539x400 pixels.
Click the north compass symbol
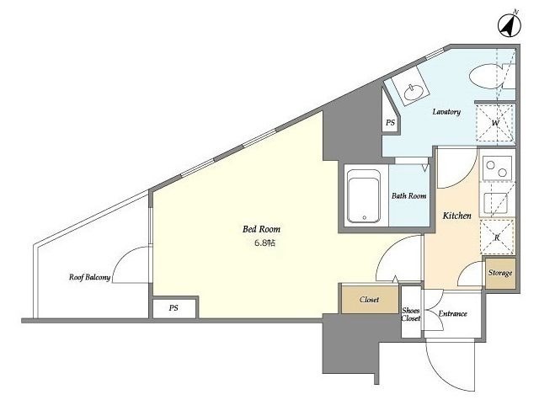point(509,25)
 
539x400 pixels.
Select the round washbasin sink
point(414,92)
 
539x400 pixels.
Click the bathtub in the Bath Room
point(364,196)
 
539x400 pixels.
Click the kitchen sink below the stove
point(495,204)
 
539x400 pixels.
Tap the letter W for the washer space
point(495,123)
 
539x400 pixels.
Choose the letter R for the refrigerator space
point(497,237)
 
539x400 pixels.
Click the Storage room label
point(500,273)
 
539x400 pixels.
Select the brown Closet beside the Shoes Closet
point(370,299)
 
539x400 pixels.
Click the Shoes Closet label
point(411,314)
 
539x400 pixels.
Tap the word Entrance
point(453,313)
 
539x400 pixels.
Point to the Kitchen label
point(456,216)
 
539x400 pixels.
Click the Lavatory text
point(446,111)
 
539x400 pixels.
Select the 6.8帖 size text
point(264,243)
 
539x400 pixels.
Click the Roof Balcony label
point(90,277)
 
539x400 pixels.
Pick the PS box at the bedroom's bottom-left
point(174,308)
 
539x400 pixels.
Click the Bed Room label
point(261,229)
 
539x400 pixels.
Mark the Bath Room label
point(408,196)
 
